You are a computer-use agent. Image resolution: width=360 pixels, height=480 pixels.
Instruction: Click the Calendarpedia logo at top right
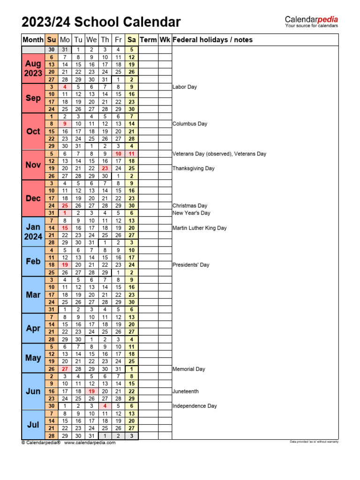311,22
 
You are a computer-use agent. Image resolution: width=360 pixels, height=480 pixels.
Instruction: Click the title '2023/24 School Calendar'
101,22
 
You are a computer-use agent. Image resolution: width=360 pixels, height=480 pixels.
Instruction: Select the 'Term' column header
148,40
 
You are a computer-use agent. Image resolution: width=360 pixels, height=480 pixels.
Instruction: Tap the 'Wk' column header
165,40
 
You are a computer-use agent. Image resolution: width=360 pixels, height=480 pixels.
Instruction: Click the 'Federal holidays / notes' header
212,40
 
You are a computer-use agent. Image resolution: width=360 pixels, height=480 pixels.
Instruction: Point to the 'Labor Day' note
185,87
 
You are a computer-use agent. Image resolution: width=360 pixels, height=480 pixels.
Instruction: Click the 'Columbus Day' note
190,124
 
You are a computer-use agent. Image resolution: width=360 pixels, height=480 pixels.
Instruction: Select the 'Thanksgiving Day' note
194,168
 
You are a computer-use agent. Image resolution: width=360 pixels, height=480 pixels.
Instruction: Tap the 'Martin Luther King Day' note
199,228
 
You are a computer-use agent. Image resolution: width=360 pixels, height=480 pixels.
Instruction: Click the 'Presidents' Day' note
191,265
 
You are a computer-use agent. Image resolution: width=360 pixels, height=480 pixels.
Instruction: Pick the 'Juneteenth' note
186,391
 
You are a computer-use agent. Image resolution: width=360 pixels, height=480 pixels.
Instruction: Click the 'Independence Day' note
195,406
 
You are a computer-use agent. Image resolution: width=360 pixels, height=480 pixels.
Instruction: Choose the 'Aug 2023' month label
33,68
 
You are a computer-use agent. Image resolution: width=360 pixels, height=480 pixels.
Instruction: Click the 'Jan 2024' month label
33,232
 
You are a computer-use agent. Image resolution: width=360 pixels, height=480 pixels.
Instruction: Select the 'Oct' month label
33,131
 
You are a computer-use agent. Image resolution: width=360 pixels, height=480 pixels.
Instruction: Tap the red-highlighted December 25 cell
65,205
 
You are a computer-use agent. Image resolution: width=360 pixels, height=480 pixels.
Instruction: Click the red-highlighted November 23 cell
105,168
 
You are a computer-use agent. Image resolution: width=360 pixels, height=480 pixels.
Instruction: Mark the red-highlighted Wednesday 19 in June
92,391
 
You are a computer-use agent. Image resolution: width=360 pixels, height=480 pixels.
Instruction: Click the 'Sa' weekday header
132,40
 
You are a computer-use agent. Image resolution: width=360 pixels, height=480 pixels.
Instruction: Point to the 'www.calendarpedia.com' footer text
90,442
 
